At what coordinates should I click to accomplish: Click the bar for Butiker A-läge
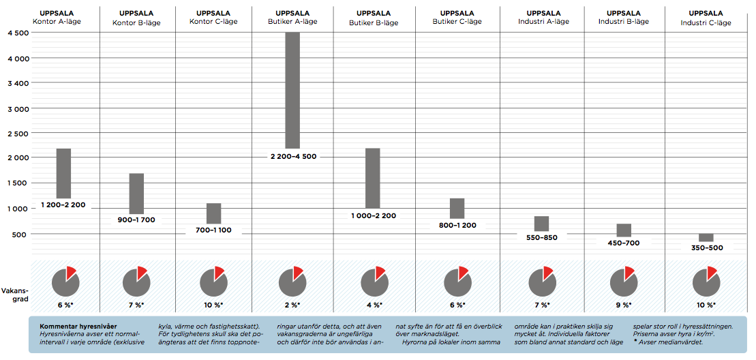tap(292, 90)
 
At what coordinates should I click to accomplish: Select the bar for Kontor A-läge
tap(63, 173)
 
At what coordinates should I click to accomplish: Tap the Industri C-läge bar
tap(706, 237)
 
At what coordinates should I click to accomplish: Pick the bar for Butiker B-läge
tap(372, 178)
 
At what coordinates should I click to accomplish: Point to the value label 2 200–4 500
tap(292, 156)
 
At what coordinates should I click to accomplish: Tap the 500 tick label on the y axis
tap(21, 234)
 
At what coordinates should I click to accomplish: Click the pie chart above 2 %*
tap(292, 281)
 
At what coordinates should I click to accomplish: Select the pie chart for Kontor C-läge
tap(213, 281)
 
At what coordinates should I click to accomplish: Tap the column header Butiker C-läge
tap(457, 17)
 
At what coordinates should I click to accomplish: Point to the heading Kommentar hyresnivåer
tap(74, 327)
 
